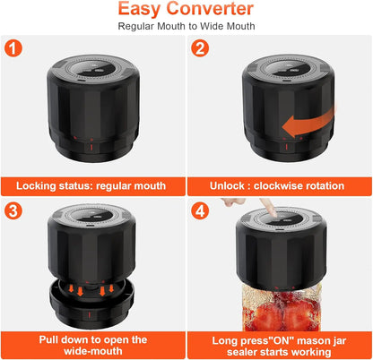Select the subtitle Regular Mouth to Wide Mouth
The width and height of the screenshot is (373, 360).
pyautogui.click(x=186, y=26)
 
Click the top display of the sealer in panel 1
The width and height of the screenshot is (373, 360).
pyautogui.click(x=92, y=73)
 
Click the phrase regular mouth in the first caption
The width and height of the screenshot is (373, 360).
pyautogui.click(x=135, y=186)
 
